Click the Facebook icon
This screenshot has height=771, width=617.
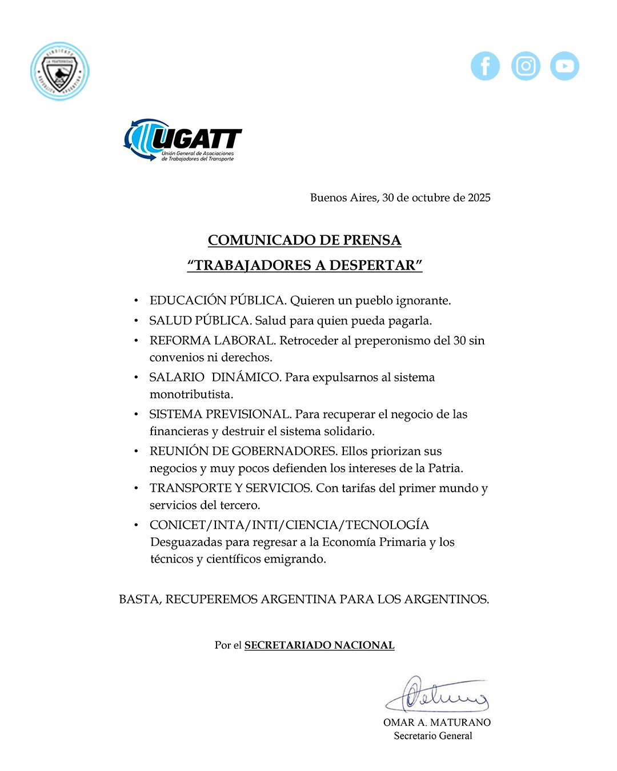click(485, 66)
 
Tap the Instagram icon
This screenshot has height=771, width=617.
click(526, 66)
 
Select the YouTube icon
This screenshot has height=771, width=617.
click(564, 66)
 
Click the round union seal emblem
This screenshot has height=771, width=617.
click(60, 71)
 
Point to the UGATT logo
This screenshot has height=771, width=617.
click(183, 140)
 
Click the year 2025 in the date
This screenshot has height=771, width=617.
click(479, 198)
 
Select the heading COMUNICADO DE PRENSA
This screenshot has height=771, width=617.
click(305, 240)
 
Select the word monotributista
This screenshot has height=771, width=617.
click(191, 394)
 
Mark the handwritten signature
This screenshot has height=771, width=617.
click(437, 695)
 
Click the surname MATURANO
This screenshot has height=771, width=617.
click(460, 722)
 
